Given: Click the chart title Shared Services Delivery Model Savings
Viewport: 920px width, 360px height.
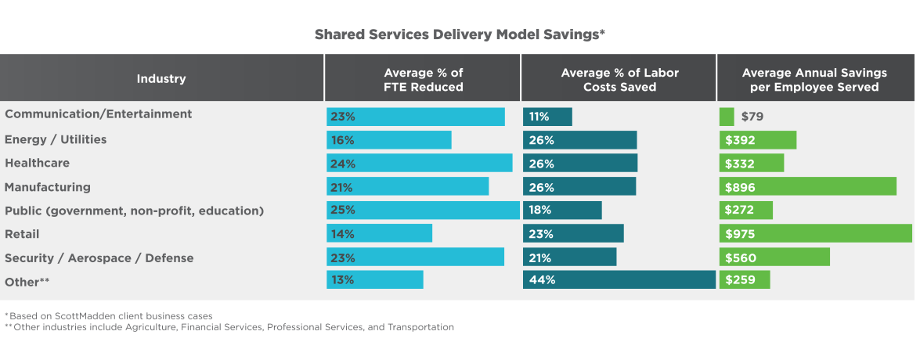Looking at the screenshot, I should pyautogui.click(x=460, y=34).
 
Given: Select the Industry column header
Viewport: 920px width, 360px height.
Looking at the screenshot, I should pyautogui.click(x=161, y=78).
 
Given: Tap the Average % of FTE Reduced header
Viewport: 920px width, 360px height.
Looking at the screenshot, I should pyautogui.click(x=423, y=80).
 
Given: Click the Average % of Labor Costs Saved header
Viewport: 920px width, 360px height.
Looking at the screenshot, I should pyautogui.click(x=619, y=80).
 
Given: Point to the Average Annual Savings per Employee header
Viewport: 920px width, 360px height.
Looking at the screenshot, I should pyautogui.click(x=814, y=80).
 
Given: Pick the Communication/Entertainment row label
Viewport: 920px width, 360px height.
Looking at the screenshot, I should pyautogui.click(x=98, y=114).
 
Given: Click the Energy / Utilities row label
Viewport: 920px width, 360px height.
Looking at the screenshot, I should pyautogui.click(x=56, y=139).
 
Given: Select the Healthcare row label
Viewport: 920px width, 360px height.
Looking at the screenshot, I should pyautogui.click(x=37, y=163).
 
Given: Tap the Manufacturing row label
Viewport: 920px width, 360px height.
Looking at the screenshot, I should pyautogui.click(x=48, y=187).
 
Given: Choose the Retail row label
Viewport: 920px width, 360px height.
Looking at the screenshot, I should pyautogui.click(x=22, y=234).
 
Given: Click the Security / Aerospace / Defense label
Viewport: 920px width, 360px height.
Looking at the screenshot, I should pyautogui.click(x=99, y=258).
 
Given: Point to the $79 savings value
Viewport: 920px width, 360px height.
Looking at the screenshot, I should pyautogui.click(x=752, y=117).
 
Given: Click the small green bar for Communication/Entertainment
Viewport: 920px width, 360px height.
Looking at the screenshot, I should pyautogui.click(x=727, y=117).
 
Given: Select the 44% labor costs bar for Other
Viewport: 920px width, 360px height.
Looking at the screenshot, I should pyautogui.click(x=619, y=279).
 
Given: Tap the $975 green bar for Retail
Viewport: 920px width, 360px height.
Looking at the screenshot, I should pyautogui.click(x=816, y=233).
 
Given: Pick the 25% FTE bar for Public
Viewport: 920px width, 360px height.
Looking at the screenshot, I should pyautogui.click(x=423, y=210).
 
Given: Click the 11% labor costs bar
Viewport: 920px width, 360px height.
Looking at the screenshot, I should pyautogui.click(x=547, y=117).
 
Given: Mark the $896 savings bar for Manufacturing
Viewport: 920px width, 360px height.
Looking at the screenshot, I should pyautogui.click(x=808, y=186).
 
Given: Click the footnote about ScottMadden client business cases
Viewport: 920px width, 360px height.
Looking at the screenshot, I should pyautogui.click(x=109, y=315).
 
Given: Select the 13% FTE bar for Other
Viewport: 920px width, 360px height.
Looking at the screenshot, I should pyautogui.click(x=375, y=279).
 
